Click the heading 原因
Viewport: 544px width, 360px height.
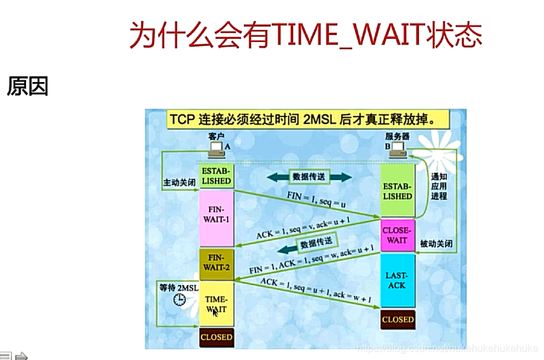(27, 87)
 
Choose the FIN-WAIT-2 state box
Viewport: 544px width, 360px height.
(216, 263)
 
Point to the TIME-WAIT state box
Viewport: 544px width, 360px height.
(216, 303)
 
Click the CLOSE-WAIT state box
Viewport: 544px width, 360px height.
(397, 235)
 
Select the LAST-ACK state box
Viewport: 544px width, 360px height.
(397, 280)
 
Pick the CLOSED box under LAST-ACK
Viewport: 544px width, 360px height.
(397, 319)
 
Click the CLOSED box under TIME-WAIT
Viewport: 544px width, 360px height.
(216, 337)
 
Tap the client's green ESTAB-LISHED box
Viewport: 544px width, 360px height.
(216, 176)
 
